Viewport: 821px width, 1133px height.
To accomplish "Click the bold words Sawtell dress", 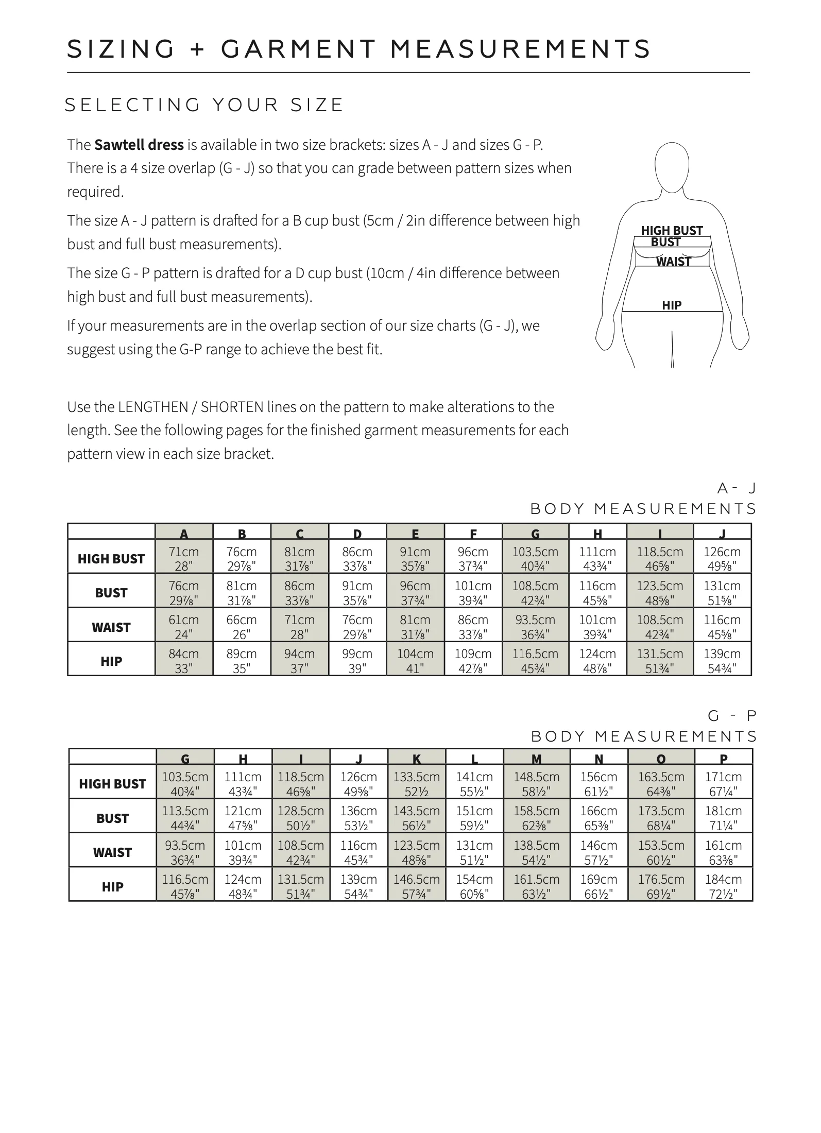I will [139, 145].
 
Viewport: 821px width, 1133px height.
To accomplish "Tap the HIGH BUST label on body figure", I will [672, 230].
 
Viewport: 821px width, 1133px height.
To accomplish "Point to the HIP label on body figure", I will [672, 305].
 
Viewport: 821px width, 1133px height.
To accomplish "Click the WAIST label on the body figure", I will [673, 262].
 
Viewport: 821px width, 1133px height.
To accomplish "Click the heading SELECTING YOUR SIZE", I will [204, 105].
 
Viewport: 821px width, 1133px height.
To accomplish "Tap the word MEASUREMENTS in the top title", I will [520, 49].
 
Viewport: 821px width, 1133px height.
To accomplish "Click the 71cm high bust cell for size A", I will [184, 558].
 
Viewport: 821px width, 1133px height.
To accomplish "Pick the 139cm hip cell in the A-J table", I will [722, 660].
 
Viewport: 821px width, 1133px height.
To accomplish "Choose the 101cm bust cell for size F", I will [473, 592].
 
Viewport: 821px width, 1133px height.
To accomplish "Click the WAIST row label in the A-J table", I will [111, 627].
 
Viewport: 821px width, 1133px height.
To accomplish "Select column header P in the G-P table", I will [723, 758].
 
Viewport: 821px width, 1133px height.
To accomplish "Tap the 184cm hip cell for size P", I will [723, 886].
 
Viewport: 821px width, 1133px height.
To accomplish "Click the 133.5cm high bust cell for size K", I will [416, 783].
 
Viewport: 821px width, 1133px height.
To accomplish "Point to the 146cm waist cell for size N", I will [598, 852].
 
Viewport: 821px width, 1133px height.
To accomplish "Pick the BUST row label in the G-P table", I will [112, 818].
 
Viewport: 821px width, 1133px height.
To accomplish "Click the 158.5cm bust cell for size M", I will [536, 817].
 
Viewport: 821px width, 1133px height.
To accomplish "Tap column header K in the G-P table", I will [416, 758].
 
